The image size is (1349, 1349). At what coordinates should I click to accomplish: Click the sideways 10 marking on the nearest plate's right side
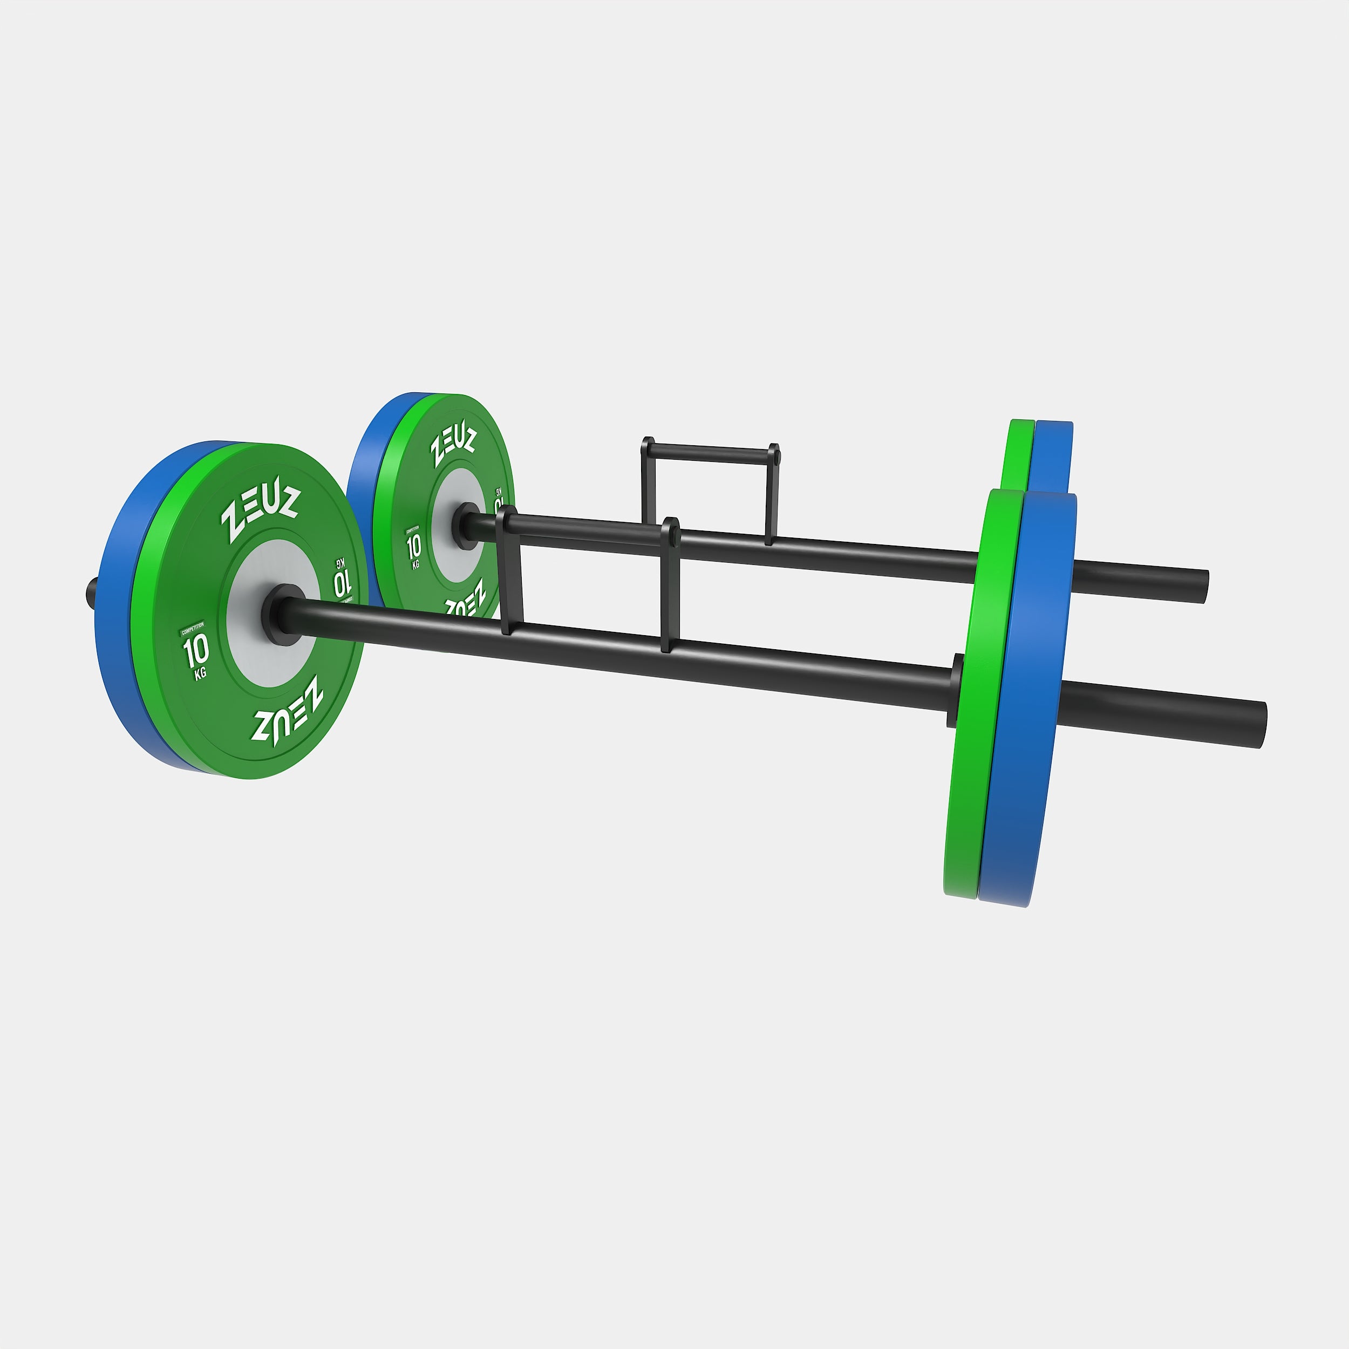(x=342, y=580)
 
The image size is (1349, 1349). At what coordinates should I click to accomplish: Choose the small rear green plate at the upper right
(x=1018, y=454)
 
